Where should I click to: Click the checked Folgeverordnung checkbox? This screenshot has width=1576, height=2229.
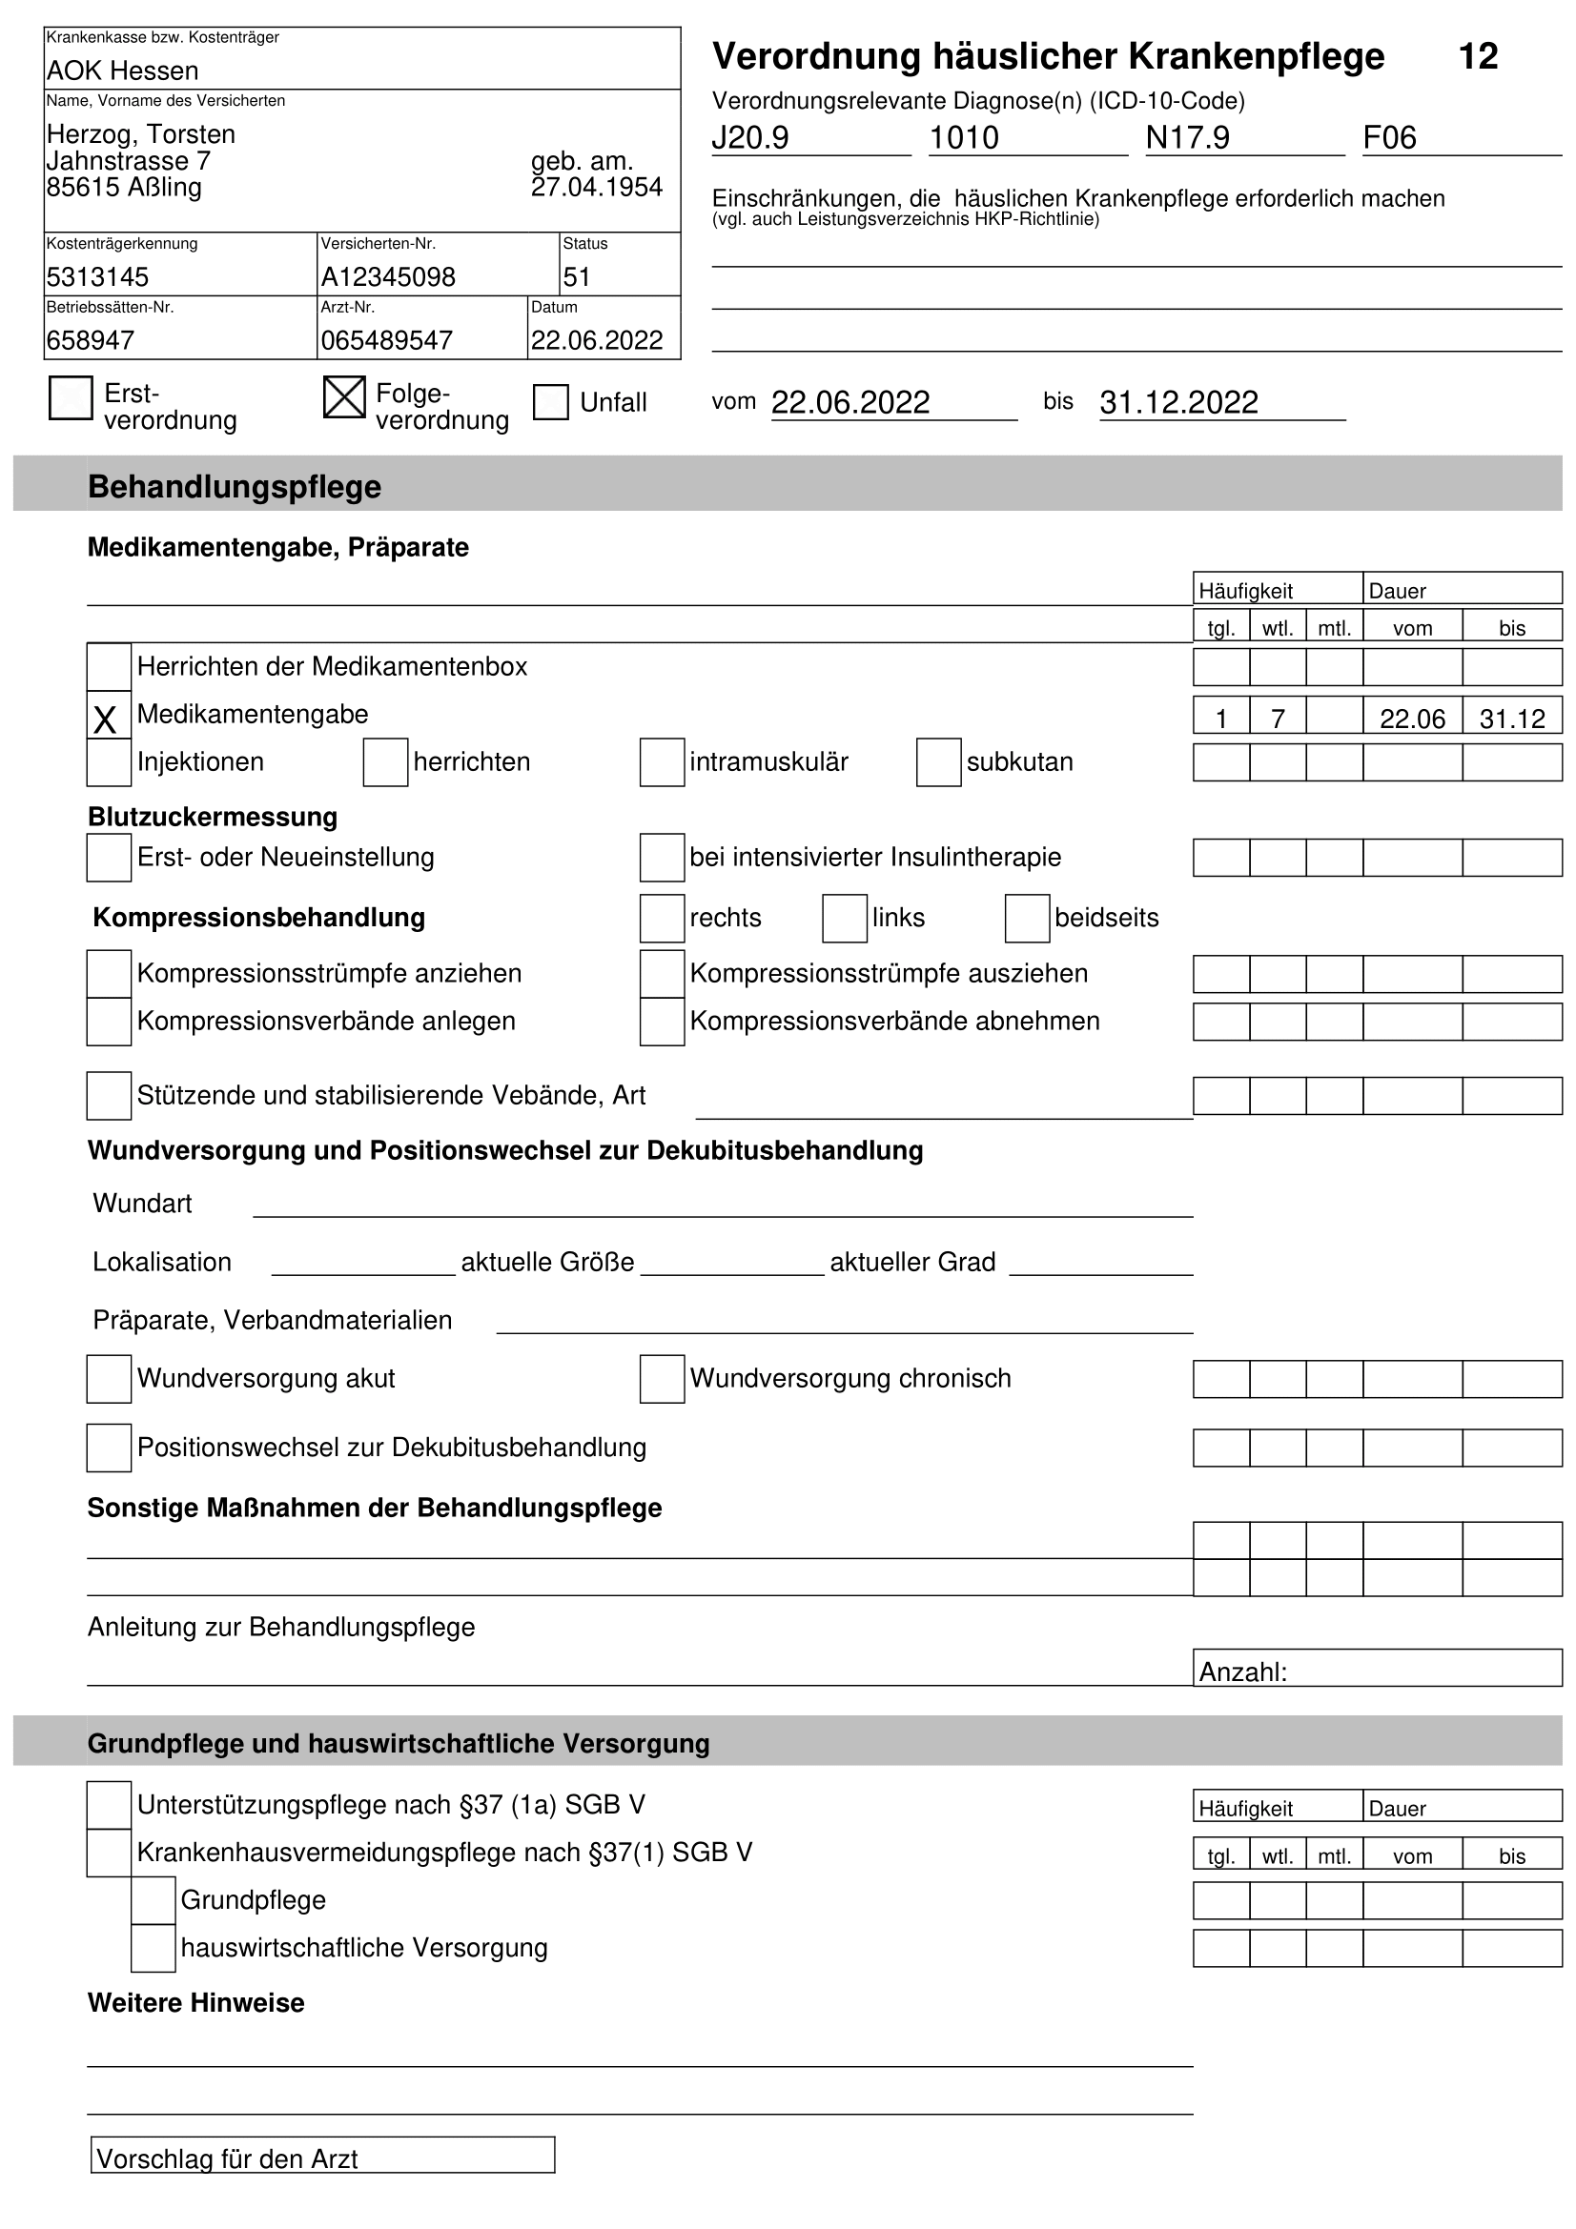pos(344,398)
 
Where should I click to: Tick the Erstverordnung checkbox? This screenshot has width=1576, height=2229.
pos(71,398)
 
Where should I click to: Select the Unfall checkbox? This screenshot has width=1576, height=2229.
pos(550,402)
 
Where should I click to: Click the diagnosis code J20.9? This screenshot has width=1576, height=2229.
pos(749,138)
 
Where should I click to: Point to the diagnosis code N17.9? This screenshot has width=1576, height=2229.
pos(1187,138)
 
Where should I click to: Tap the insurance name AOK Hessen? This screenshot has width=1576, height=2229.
pos(122,71)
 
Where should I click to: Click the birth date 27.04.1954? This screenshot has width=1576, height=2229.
pos(596,188)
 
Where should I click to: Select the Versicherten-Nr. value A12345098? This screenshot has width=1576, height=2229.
pos(387,277)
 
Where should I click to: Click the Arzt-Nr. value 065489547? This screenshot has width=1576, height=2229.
pos(386,341)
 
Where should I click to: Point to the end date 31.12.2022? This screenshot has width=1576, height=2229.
pos(1177,402)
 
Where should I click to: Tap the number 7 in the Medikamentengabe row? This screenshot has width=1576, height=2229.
pos(1277,719)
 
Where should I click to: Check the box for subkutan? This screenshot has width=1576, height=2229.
pos(938,762)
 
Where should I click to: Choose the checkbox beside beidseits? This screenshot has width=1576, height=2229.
pos(1027,919)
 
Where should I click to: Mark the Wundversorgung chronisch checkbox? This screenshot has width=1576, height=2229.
pos(662,1379)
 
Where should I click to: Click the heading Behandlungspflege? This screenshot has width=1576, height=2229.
pos(234,486)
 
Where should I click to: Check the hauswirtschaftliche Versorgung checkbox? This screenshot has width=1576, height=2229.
pos(154,1949)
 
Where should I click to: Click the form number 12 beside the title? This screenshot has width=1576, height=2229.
pos(1477,56)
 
